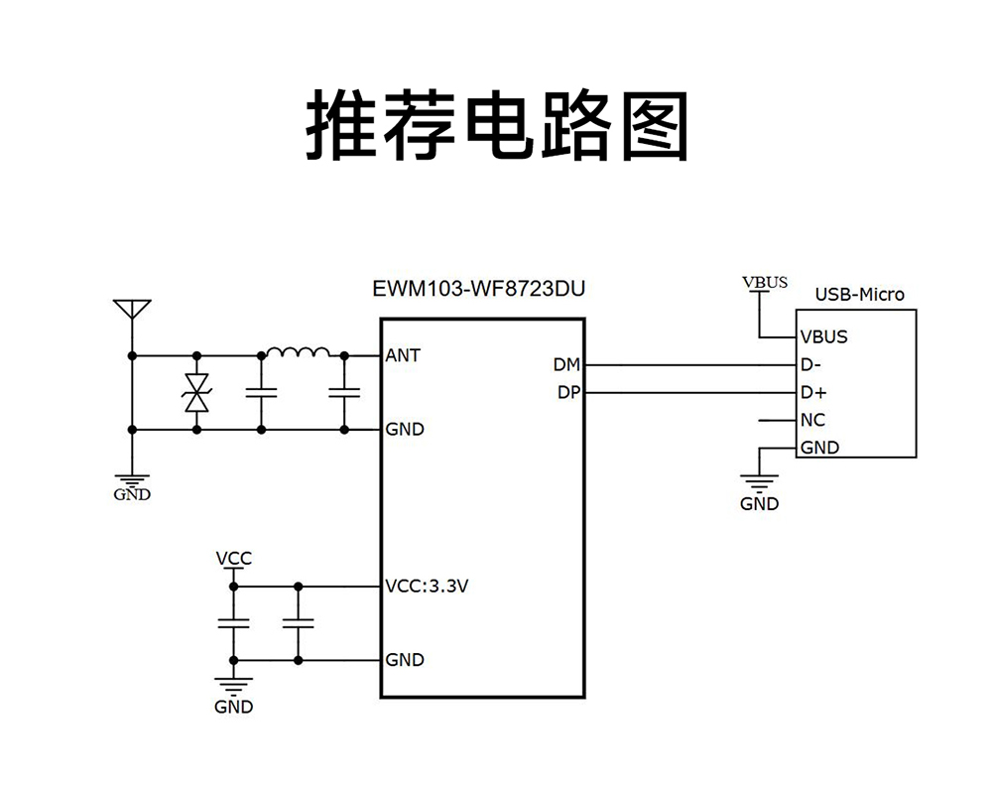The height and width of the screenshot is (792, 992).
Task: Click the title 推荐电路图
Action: [x=495, y=126]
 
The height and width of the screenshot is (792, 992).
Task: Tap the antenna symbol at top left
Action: [x=131, y=309]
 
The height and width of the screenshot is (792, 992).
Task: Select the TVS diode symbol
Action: [x=196, y=393]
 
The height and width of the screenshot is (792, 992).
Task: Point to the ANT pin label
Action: [x=403, y=355]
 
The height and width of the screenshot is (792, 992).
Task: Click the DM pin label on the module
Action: [x=567, y=365]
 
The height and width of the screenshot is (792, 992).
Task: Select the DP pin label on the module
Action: [x=567, y=393]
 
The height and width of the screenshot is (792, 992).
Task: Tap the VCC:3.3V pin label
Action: [x=426, y=586]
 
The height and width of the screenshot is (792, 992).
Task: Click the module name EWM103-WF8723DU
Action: [x=478, y=291]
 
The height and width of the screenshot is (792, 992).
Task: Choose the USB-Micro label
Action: [x=859, y=294]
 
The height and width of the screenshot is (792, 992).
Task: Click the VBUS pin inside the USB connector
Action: [x=823, y=336]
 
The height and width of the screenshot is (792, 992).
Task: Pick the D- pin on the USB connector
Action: [x=812, y=364]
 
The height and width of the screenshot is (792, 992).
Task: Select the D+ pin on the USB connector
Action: [x=813, y=392]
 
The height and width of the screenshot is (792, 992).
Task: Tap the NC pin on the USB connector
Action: [x=812, y=420]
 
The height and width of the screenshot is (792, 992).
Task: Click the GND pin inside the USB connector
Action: [x=819, y=448]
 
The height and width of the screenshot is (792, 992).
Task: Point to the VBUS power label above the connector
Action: [x=765, y=282]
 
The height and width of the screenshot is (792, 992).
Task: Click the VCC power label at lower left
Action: [x=234, y=559]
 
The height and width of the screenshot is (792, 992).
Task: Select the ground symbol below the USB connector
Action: [x=760, y=486]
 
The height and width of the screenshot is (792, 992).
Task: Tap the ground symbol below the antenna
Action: [x=131, y=480]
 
